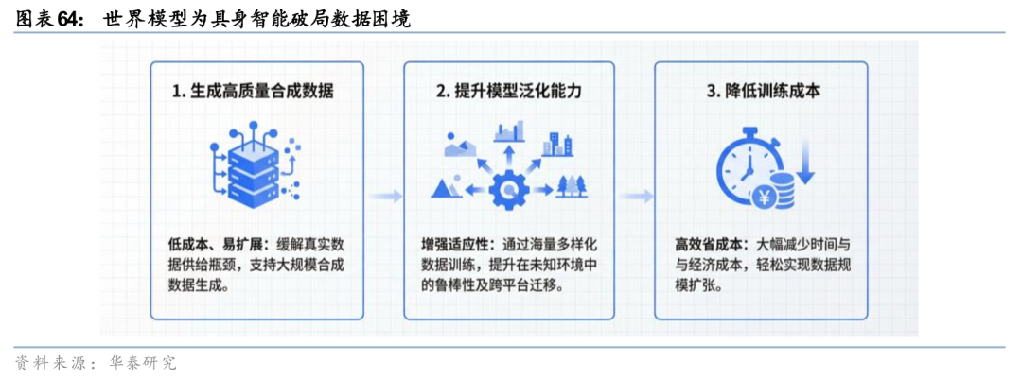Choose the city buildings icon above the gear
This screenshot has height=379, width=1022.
[x=556, y=144]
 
